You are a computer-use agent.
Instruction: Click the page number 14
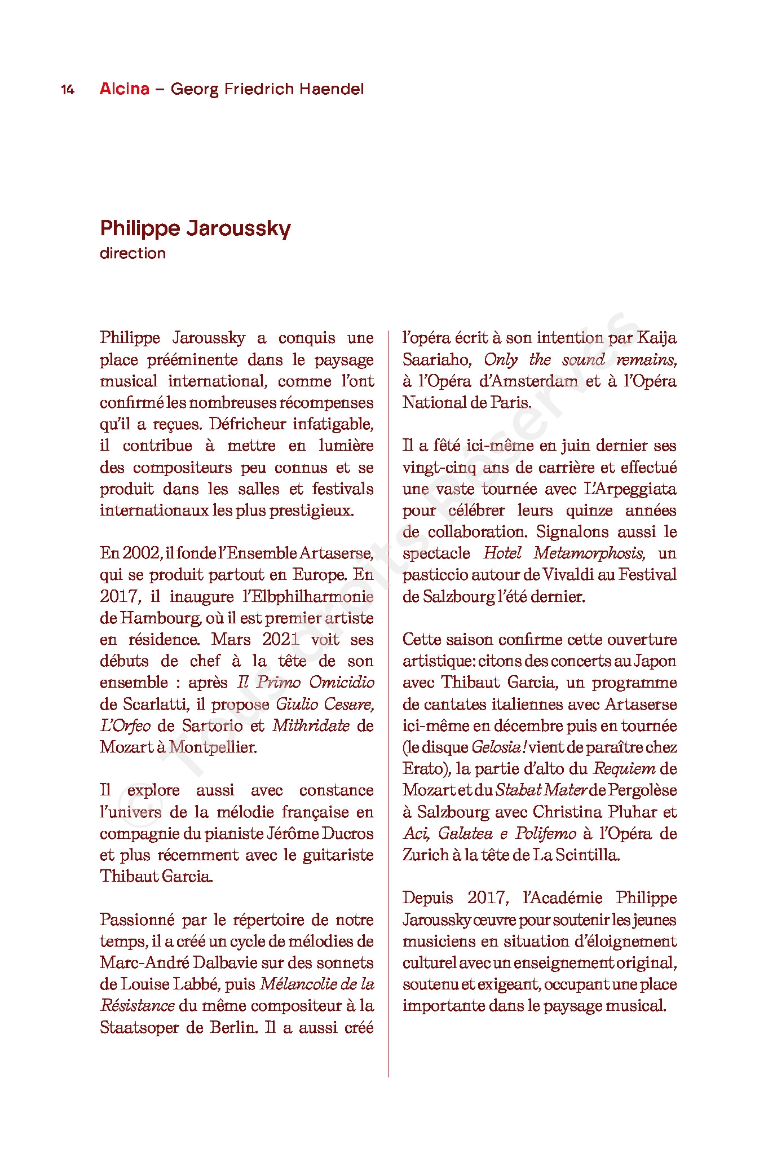[x=68, y=90]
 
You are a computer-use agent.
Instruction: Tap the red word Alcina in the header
[x=125, y=89]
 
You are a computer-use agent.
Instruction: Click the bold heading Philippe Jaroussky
[x=195, y=228]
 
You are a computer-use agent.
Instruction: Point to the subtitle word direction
[x=133, y=253]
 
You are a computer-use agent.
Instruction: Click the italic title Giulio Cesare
[x=325, y=704]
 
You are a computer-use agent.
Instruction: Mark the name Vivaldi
[x=569, y=575]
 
